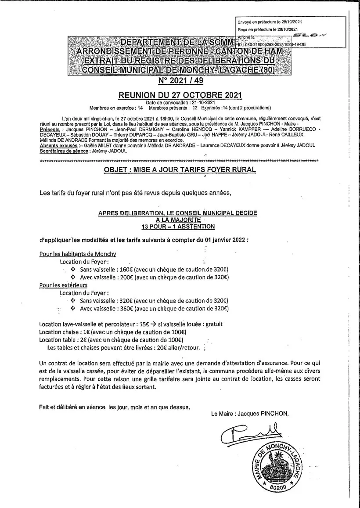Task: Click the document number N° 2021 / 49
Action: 180,81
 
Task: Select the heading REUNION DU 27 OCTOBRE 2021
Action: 180,94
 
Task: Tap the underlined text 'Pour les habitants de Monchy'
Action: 78,254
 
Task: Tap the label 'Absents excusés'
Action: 55,145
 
